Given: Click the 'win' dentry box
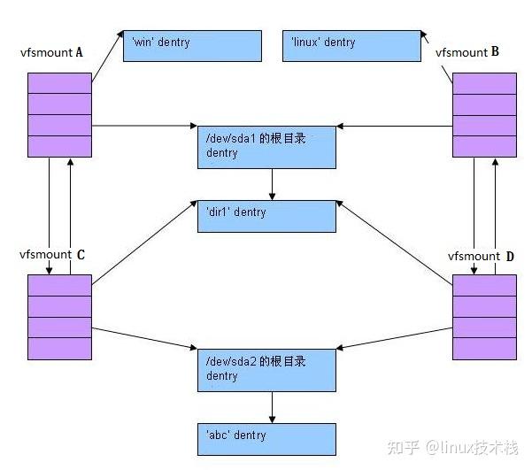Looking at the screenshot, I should (x=192, y=45).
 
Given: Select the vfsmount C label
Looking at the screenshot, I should (x=52, y=255).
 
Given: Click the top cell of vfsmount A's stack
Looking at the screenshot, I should (x=59, y=83).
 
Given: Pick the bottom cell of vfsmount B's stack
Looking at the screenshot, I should (x=484, y=146).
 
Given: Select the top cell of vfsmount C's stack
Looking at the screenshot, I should (x=59, y=285).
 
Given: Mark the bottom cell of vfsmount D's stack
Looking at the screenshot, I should (x=484, y=348).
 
